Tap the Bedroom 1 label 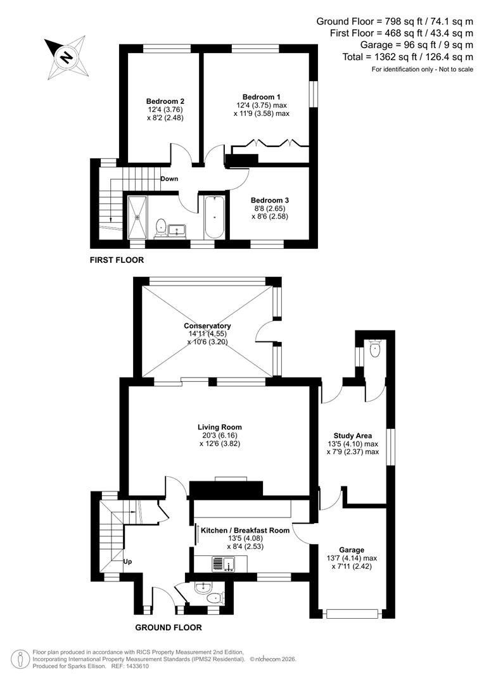(x=261, y=97)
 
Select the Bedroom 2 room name (x=165, y=101)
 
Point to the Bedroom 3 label (x=269, y=200)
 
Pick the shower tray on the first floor (x=137, y=216)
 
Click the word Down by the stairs (x=169, y=179)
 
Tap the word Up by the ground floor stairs (x=127, y=561)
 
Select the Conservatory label (x=207, y=326)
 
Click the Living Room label (x=219, y=427)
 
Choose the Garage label (x=351, y=550)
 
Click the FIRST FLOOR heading (x=117, y=260)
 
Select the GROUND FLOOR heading (x=169, y=628)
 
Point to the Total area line (x=406, y=57)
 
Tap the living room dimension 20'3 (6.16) (x=219, y=436)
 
